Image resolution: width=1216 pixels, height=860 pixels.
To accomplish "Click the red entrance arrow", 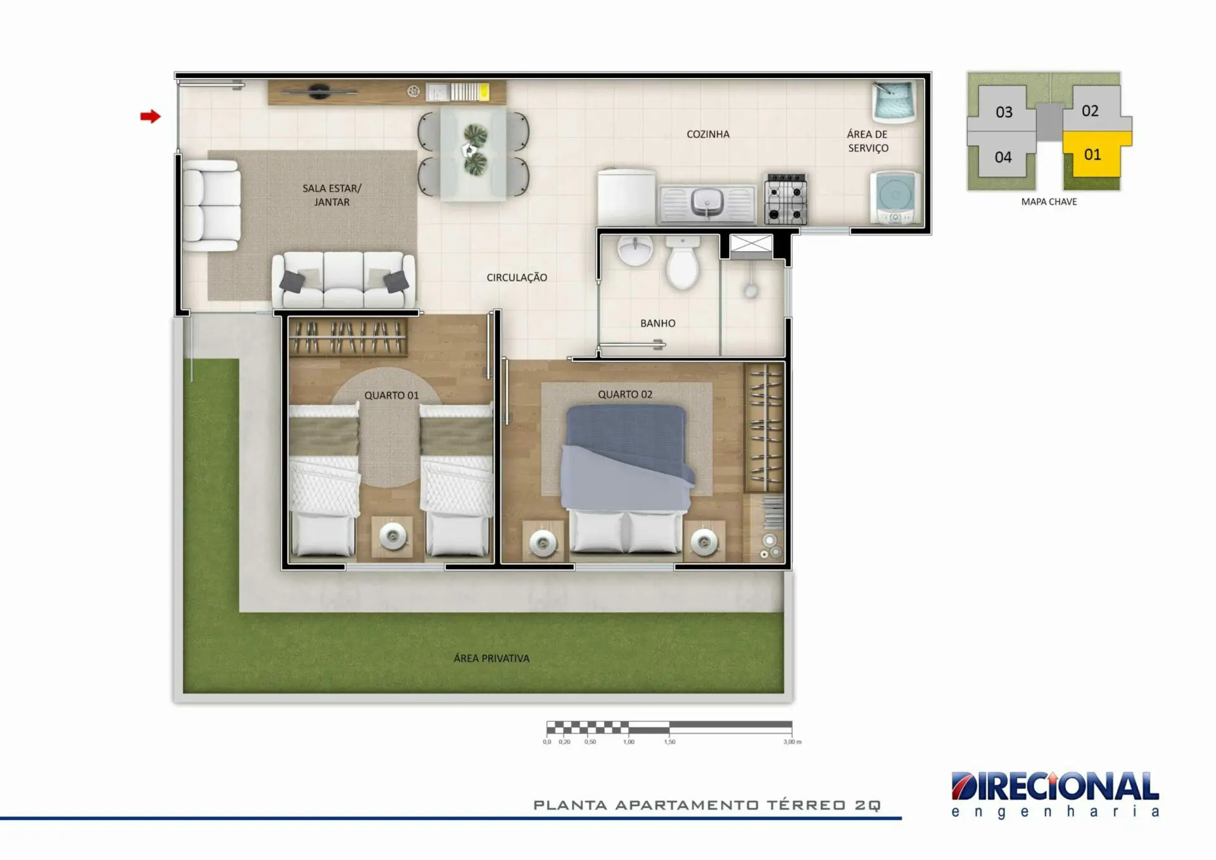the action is (150, 117).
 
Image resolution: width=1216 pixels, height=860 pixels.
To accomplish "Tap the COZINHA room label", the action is (708, 134).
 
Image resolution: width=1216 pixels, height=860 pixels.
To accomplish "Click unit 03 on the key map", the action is (1004, 112).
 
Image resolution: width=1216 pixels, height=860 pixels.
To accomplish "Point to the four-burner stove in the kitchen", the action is (786, 199).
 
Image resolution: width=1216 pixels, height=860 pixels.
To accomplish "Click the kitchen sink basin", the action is (707, 202).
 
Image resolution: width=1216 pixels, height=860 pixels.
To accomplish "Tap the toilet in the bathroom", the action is (682, 262).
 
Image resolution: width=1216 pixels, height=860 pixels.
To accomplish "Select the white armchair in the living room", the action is (212, 206).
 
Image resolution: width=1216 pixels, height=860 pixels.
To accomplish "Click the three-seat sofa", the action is (343, 280).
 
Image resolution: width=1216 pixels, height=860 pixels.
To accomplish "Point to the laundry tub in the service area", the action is (894, 101).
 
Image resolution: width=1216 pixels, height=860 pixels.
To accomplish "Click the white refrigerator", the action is (626, 196).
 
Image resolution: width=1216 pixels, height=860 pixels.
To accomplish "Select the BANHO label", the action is (658, 323).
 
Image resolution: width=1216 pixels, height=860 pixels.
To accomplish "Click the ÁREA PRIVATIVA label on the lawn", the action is (491, 659).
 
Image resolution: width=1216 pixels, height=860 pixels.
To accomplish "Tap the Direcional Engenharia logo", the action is (1055, 794).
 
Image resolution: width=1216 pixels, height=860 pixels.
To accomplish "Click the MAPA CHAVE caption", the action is (1049, 202).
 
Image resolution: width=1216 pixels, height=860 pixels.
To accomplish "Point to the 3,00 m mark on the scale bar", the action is (792, 742).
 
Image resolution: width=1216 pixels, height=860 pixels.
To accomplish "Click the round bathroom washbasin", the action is (636, 250).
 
